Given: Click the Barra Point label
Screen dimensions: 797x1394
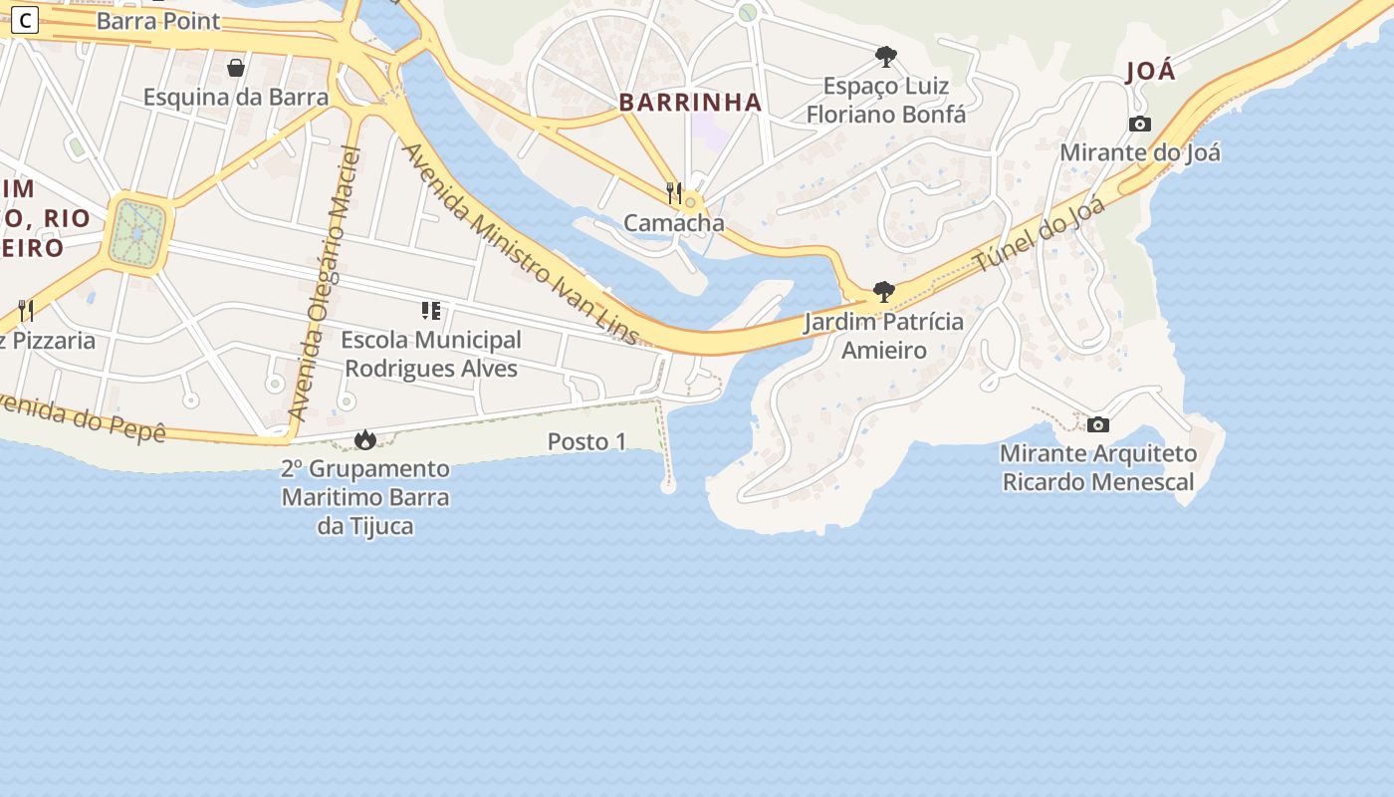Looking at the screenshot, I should click(x=158, y=21).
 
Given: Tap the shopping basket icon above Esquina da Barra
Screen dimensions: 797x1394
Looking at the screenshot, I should click(x=236, y=68).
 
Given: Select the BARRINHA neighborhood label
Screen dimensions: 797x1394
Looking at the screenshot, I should click(x=690, y=102).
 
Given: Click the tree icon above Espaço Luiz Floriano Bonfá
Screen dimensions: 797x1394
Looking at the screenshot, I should click(x=885, y=56).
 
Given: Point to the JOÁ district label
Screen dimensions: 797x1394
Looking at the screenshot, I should click(x=1150, y=72).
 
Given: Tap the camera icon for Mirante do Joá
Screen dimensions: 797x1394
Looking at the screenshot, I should click(x=1140, y=125).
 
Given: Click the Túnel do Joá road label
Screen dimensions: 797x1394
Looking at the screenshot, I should click(x=1040, y=235).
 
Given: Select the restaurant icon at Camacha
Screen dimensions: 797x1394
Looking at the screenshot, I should click(x=674, y=192).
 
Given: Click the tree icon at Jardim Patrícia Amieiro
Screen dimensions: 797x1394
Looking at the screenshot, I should click(x=883, y=292).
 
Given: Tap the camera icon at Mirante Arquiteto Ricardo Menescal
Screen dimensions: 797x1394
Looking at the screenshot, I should click(x=1098, y=425).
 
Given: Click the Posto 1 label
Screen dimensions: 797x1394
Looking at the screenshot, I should click(x=586, y=441).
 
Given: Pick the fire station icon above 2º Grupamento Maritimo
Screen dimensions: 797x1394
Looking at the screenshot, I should click(x=365, y=439).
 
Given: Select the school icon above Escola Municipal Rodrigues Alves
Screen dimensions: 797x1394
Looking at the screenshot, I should click(x=430, y=311).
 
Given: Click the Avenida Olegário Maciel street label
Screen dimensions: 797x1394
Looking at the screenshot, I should click(x=322, y=284).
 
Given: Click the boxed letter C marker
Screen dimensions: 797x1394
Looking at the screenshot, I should click(x=24, y=20).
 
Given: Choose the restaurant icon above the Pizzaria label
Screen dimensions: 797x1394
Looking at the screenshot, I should click(x=26, y=311).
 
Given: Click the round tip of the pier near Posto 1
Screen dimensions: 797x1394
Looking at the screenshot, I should click(x=668, y=486).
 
